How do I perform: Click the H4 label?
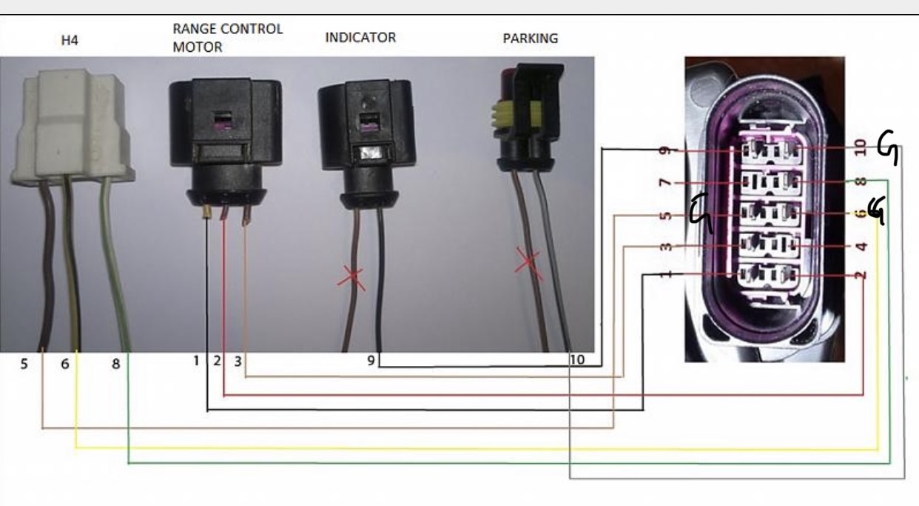tap(70, 40)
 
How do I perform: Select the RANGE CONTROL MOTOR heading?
tap(228, 38)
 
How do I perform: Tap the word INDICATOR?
tap(360, 37)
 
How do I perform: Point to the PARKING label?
tap(531, 39)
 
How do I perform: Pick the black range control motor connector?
tap(226, 144)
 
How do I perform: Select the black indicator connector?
tap(367, 144)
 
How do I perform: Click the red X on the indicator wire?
tap(351, 279)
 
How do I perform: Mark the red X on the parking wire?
tap(528, 263)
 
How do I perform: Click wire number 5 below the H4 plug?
tap(24, 364)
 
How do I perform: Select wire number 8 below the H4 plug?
tap(116, 364)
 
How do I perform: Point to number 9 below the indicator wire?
tap(371, 361)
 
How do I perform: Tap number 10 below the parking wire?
tap(577, 360)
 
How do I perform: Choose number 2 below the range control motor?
tap(217, 361)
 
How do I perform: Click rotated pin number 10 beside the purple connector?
tap(861, 148)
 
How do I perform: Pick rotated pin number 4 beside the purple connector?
tap(862, 247)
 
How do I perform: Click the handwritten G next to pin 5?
tap(701, 213)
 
